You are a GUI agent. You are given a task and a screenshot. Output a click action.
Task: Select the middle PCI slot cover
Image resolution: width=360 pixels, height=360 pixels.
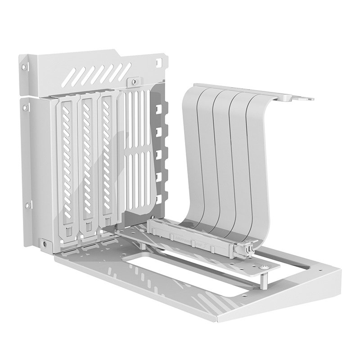pos(87,164)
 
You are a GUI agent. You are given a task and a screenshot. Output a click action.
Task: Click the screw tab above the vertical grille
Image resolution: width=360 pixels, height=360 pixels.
pos(133,82)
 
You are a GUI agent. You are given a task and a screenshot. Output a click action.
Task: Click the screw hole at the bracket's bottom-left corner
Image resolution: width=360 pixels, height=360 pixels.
pos(44,243)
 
